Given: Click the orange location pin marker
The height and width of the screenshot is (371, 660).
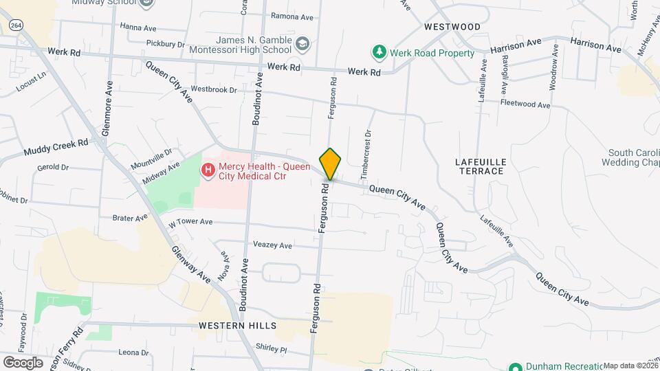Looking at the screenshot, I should pos(330,164).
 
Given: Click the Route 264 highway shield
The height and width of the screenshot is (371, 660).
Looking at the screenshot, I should pos(16,25).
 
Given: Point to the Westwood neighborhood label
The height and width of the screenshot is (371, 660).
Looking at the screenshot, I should pos(452,27).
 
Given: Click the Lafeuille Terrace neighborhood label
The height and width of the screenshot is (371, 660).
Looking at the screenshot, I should pos(481,166).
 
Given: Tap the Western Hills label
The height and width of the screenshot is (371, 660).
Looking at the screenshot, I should pos(237,325).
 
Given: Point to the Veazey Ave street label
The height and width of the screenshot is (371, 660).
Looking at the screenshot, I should pos(273,245).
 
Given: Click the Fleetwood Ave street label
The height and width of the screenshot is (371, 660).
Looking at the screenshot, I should pos(526,104).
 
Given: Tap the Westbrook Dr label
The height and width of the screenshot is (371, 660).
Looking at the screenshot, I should pos(213,89).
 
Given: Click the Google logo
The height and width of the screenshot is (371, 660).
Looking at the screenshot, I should pos(23,362).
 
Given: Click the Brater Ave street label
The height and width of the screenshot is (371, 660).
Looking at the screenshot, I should pos(130,218).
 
